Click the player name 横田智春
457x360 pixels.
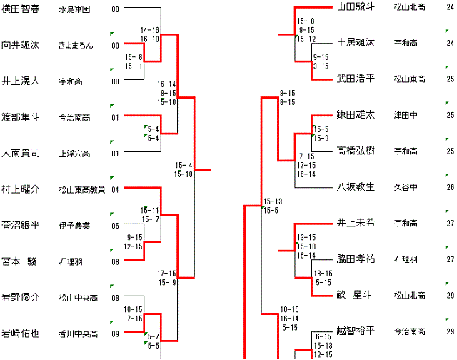21,9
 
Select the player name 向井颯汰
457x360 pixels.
21,45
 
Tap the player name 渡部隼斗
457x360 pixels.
21,116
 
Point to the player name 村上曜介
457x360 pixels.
21,189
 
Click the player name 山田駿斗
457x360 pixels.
355,7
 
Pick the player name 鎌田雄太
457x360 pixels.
355,114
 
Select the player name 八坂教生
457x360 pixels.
355,186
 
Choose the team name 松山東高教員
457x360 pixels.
82,189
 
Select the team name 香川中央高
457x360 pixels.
79,333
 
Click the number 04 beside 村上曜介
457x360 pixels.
115,189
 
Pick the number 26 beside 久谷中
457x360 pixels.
450,187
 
